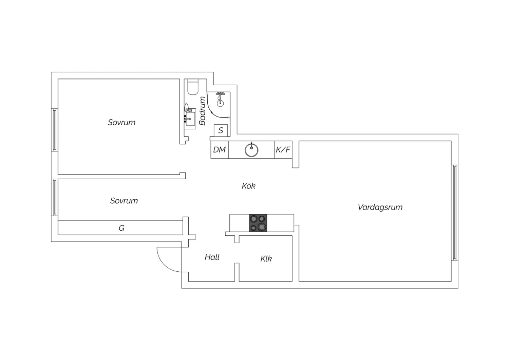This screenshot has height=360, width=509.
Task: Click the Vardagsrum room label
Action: (x=380, y=207)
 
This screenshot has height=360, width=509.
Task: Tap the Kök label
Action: (x=249, y=186)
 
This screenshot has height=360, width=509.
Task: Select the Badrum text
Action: (x=202, y=111)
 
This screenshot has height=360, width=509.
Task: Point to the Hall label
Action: (x=212, y=257)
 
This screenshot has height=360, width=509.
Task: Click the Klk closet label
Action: (x=266, y=258)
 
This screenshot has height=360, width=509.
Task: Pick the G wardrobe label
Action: (x=121, y=228)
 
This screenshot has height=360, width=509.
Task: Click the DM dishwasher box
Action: (x=220, y=150)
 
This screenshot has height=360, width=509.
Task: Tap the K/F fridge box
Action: (x=283, y=150)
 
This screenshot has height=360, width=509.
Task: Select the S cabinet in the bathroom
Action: (x=221, y=130)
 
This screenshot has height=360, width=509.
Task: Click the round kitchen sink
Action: (x=251, y=150)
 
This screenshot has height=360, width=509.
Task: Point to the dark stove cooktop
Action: (x=258, y=223)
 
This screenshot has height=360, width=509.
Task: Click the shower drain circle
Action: (x=220, y=104)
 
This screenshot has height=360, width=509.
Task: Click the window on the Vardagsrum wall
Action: (x=455, y=212)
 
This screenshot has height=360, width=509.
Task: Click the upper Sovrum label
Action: (x=121, y=122)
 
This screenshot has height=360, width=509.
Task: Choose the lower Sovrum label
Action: (x=124, y=201)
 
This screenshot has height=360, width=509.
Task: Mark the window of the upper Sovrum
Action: (x=55, y=130)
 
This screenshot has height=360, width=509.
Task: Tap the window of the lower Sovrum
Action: (x=55, y=197)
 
